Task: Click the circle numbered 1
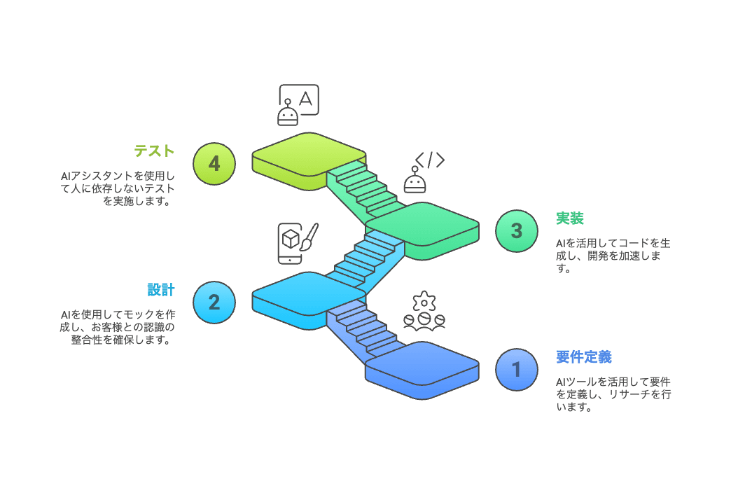[516, 369]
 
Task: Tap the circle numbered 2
[214, 302]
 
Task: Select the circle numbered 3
[516, 230]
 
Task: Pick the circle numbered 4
[214, 163]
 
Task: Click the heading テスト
[154, 151]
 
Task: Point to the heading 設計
[161, 289]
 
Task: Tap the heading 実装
[570, 218]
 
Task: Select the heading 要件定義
[584, 356]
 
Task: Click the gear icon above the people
[424, 302]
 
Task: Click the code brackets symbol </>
[429, 160]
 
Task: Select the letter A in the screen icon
[305, 97]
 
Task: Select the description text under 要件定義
[613, 394]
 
